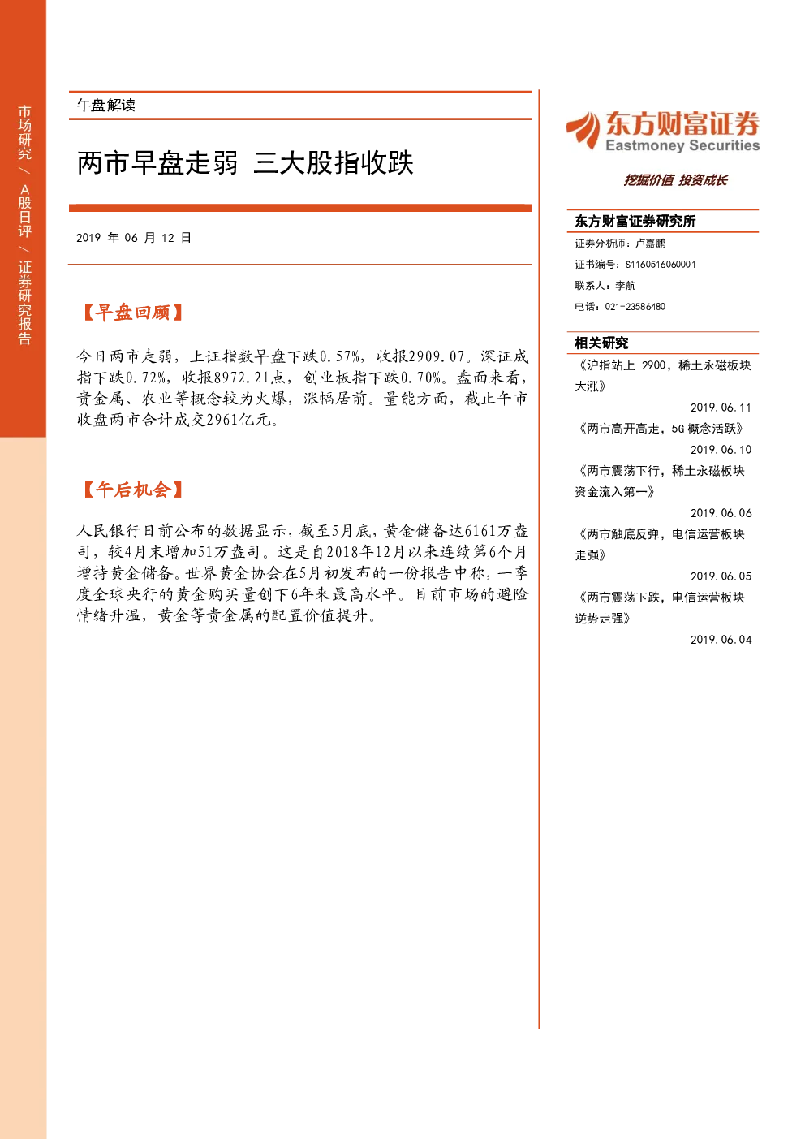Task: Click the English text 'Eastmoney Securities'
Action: [682, 145]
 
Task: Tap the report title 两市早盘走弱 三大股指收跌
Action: [245, 163]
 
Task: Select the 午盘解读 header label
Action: [105, 106]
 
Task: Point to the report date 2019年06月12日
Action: [134, 238]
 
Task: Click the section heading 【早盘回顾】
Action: [132, 313]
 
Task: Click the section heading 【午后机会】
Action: [132, 490]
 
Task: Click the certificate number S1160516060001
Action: [661, 265]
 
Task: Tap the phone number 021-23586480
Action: [635, 307]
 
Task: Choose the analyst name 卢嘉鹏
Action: [651, 244]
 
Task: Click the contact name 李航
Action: [625, 285]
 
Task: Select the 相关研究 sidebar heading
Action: [601, 343]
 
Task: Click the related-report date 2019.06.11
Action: [721, 408]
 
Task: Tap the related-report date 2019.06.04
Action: [721, 640]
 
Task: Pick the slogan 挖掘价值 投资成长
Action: [676, 180]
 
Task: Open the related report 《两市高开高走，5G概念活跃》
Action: [661, 429]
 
